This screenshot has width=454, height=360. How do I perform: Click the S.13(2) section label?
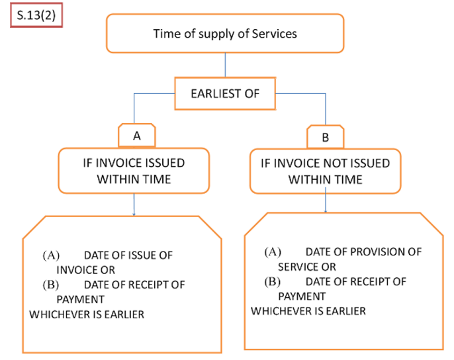36,16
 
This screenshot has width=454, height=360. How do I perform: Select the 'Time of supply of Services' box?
225,33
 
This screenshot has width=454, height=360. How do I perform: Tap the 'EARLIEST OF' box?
225,94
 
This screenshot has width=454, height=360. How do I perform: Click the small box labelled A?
137,136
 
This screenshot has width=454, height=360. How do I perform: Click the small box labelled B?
324,137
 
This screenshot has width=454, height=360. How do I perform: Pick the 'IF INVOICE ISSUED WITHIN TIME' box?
134,170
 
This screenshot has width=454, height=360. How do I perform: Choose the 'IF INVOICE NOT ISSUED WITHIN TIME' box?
324,170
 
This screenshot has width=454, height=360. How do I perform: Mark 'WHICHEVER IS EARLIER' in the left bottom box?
87,314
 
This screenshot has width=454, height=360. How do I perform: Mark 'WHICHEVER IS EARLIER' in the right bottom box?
308,311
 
